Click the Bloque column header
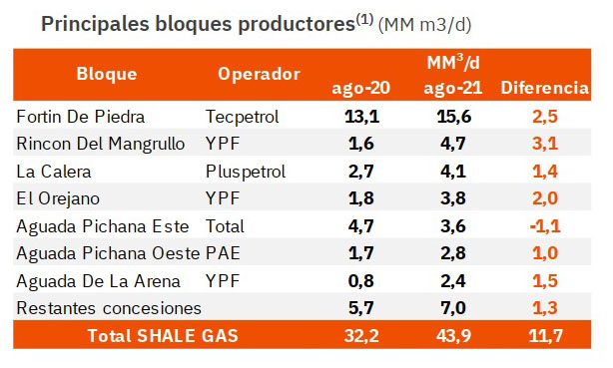[107, 74]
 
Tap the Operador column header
[259, 74]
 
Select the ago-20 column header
[360, 88]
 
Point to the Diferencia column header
[544, 88]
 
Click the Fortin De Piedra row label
[81, 117]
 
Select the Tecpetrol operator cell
[242, 117]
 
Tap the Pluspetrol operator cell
[246, 172]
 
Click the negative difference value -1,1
[545, 226]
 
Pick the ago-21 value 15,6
[453, 117]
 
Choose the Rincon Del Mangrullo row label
[101, 144]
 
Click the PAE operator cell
[223, 253]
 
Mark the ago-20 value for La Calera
[360, 172]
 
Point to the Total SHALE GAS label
[163, 335]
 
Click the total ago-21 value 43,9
[453, 335]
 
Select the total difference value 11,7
[545, 335]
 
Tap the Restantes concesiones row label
[109, 308]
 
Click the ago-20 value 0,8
[360, 281]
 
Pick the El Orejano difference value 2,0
[545, 198]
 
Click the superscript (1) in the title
[364, 19]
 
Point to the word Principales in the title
[95, 24]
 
